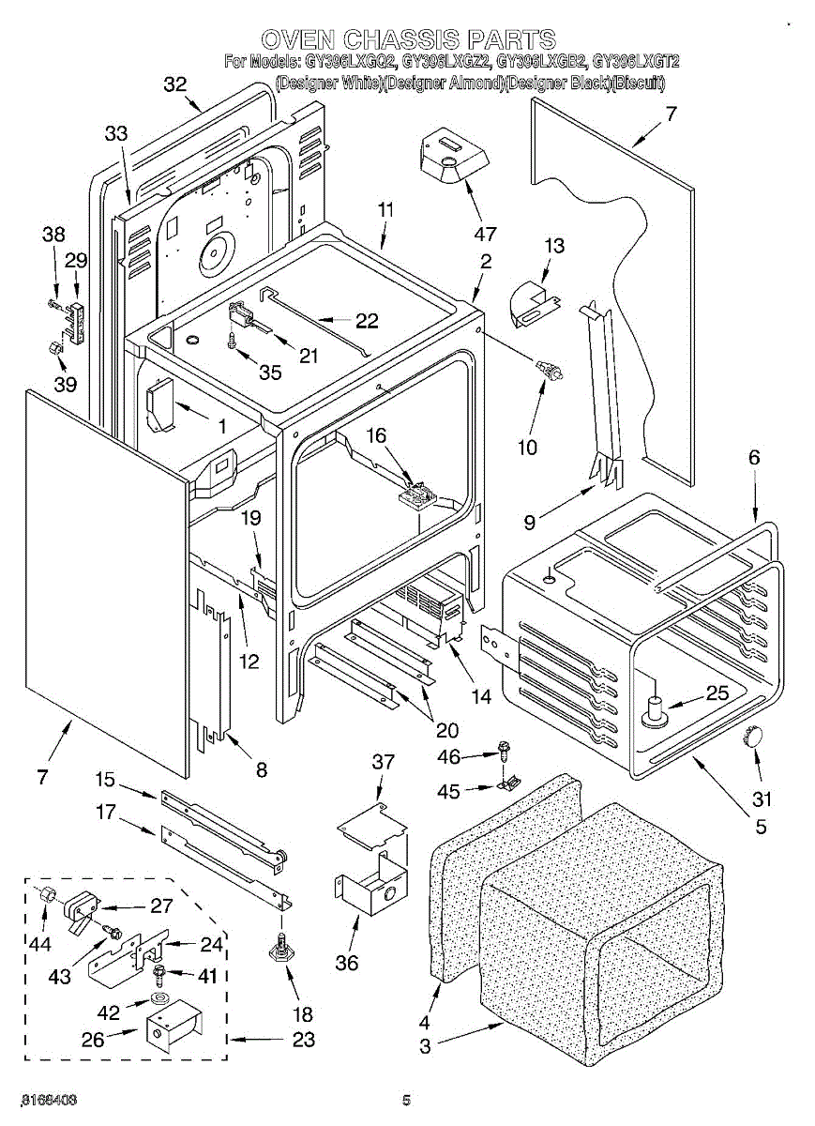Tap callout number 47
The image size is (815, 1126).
pos(484,232)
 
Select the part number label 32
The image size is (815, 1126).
pos(175,84)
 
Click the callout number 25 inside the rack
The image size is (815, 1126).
pos(717,694)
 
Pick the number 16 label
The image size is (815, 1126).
pos(375,435)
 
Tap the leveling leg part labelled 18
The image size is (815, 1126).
pos(280,951)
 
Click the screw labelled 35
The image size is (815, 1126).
pos(231,342)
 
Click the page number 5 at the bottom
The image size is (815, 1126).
pos(407,1101)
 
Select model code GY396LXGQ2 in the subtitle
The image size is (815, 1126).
pos(352,62)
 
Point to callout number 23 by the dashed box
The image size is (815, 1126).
pos(302,1040)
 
